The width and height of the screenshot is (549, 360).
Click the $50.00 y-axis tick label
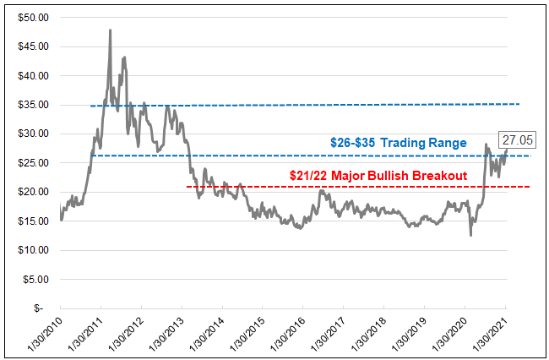[x=35, y=17]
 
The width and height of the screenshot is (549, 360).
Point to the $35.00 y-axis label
[x=35, y=105]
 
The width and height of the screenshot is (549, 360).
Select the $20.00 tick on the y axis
[x=35, y=192]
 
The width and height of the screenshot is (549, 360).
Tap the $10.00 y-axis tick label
[x=35, y=250]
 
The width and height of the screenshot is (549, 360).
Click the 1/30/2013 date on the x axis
[x=166, y=334]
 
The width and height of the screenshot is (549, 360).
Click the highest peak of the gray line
[x=111, y=30]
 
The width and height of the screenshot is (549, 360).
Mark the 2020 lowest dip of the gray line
[x=470, y=235]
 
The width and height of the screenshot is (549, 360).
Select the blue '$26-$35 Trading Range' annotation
[x=400, y=144]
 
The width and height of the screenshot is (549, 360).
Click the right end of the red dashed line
[x=530, y=186]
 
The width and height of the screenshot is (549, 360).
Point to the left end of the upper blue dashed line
[x=90, y=106]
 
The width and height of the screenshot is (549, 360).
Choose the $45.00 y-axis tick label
[x=35, y=46]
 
